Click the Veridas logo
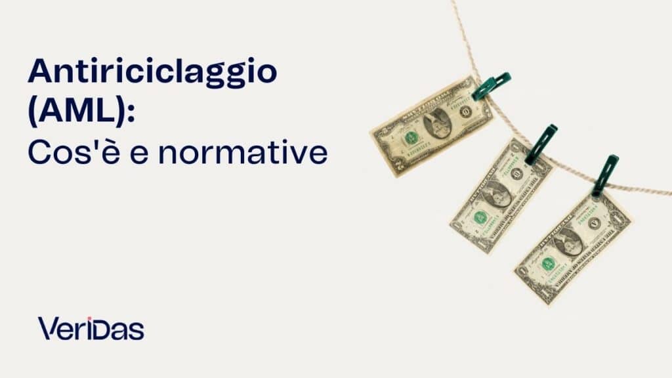click(91, 328)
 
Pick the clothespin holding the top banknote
click(491, 86)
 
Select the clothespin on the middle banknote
click(541, 144)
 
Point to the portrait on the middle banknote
click(497, 194)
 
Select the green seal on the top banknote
click(411, 138)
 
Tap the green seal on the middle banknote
click(480, 217)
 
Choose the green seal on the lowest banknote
click(548, 263)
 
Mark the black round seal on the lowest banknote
click(595, 222)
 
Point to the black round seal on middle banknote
click(517, 174)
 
